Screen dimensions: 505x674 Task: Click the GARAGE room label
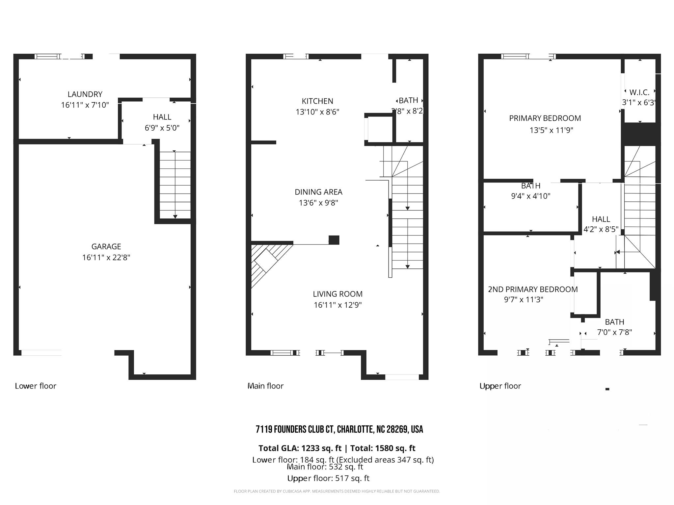(106, 246)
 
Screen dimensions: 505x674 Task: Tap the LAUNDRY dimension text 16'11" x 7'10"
(85, 105)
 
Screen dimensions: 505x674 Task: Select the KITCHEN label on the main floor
(317, 101)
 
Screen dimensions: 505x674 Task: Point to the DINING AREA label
(318, 192)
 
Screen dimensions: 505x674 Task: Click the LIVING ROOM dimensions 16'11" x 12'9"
(337, 305)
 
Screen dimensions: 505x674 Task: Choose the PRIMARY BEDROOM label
(545, 118)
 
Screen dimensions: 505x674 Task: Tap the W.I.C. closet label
(639, 92)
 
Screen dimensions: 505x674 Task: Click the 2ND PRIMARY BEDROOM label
(532, 289)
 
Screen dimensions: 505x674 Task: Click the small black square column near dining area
(334, 240)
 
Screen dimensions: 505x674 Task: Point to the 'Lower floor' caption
(36, 386)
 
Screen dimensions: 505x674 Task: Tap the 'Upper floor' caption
(500, 386)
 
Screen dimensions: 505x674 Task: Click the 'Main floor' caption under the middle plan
(265, 386)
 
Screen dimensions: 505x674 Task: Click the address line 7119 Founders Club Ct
(339, 429)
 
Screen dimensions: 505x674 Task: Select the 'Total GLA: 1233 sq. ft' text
(300, 448)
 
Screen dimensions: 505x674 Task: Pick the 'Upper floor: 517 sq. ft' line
(328, 478)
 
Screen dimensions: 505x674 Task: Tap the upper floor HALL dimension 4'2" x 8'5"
(601, 229)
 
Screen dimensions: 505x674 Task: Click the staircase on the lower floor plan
(175, 184)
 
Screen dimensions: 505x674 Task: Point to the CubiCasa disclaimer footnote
(337, 491)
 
